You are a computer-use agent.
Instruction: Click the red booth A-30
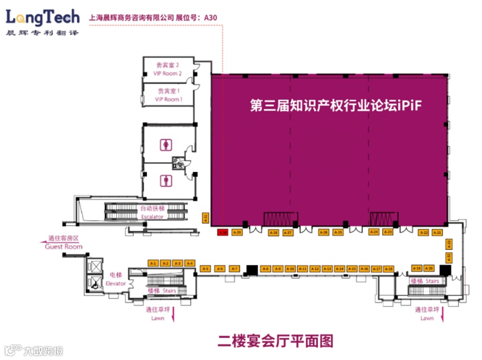(x=222, y=232)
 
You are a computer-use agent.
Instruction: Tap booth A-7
(x=235, y=269)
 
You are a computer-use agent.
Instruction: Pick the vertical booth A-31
(x=206, y=218)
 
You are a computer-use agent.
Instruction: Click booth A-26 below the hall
(x=324, y=232)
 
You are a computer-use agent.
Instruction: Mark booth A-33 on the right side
(x=449, y=243)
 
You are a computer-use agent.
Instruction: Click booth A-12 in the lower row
(x=315, y=269)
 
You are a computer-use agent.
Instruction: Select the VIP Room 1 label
(x=168, y=95)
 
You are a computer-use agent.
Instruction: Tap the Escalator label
(x=152, y=213)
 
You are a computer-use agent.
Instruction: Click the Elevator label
(x=116, y=279)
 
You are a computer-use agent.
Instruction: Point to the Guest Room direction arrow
(x=42, y=241)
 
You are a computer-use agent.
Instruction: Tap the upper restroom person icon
(x=167, y=144)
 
